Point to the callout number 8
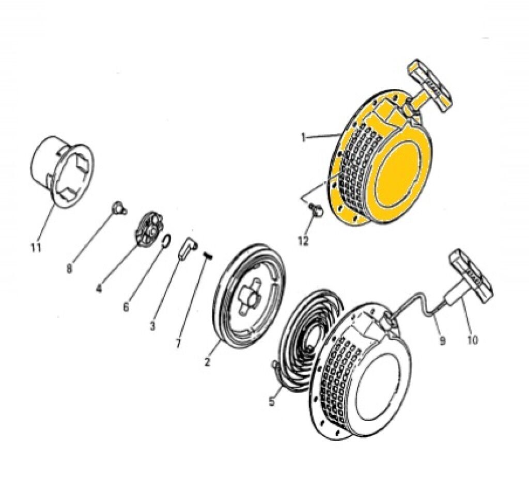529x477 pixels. [x=69, y=269]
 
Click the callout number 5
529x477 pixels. [x=272, y=401]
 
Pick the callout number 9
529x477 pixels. [x=442, y=341]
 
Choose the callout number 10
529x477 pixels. [x=473, y=340]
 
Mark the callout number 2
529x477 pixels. [x=207, y=362]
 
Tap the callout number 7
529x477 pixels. [x=178, y=343]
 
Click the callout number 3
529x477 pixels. [x=152, y=326]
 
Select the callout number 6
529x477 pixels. [x=126, y=307]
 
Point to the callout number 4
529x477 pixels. [x=99, y=289]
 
